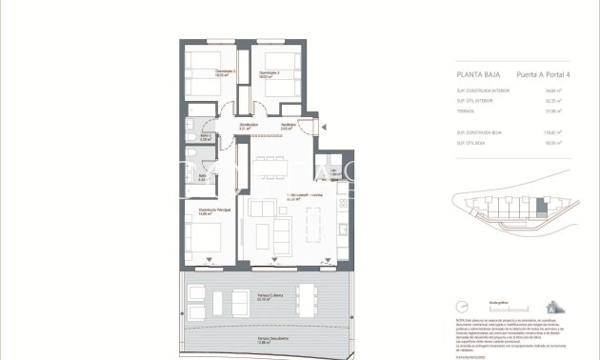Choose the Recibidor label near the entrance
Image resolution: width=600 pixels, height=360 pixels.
point(286,126)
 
